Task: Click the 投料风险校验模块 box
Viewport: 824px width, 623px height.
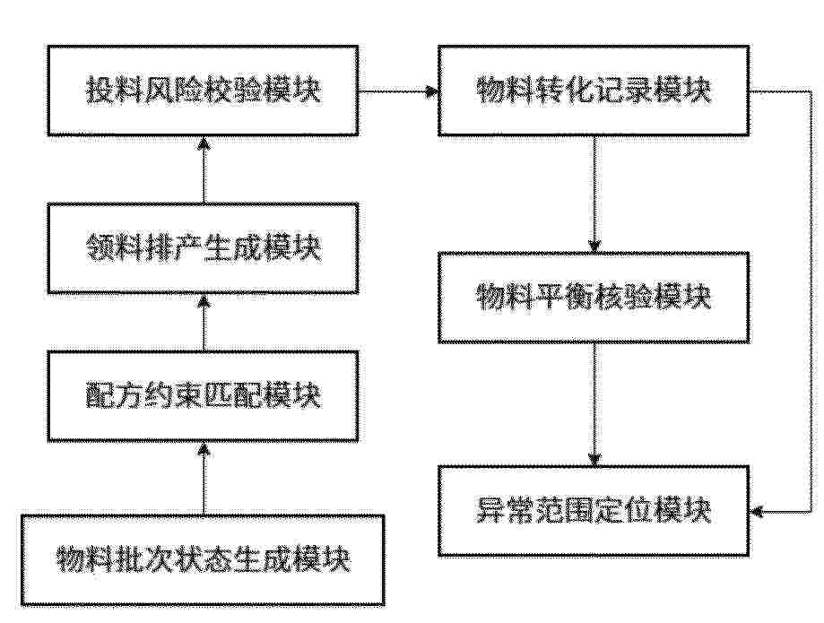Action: tap(204, 91)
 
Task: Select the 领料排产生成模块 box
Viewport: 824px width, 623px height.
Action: tap(204, 248)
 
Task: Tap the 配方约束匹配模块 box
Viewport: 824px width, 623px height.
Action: tap(204, 396)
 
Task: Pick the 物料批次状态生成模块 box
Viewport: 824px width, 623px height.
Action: tap(203, 560)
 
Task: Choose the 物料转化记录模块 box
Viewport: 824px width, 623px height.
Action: tap(594, 91)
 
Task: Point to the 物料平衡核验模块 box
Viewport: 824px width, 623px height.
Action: tap(594, 298)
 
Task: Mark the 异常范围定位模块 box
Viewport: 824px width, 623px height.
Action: tap(594, 511)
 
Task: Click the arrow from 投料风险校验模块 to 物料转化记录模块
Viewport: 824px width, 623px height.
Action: tap(399, 91)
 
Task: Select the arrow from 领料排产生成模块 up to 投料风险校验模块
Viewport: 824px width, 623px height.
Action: tap(204, 169)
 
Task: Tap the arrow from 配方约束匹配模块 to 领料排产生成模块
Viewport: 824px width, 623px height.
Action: tap(204, 323)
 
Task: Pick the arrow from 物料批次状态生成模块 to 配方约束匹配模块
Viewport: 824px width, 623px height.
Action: tap(204, 478)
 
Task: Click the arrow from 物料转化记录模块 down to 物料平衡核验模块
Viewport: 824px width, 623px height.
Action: tap(594, 195)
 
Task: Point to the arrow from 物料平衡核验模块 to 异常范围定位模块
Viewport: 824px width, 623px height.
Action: tap(594, 404)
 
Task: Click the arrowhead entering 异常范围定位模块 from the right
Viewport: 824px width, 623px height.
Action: tap(757, 511)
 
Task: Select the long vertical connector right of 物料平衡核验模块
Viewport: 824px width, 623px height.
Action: tap(813, 301)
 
